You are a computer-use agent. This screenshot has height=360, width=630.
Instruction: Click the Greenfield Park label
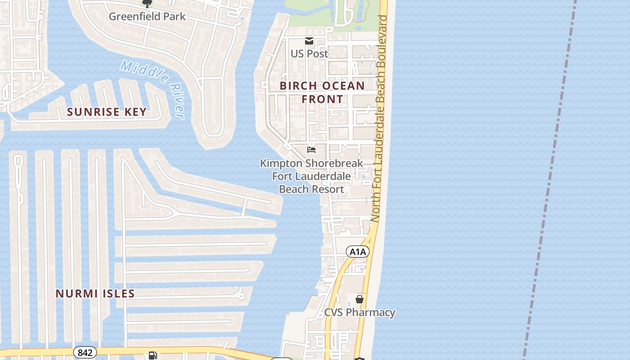click(147, 17)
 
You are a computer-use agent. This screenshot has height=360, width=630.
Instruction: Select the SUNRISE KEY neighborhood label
click(107, 112)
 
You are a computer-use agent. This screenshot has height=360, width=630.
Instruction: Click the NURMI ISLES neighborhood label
click(95, 293)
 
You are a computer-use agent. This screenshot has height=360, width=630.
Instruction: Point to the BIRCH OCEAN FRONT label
click(322, 92)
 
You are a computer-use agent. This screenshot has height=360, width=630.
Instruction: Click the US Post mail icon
click(309, 41)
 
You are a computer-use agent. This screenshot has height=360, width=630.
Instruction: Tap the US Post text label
click(309, 54)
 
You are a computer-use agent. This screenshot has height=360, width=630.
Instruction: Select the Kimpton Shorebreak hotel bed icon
click(311, 149)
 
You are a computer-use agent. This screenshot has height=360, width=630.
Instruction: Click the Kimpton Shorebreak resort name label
click(311, 176)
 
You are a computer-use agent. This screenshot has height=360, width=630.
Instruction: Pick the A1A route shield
click(358, 252)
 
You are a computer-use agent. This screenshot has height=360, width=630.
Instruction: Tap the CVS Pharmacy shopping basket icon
click(359, 299)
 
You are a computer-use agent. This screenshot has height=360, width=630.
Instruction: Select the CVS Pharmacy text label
click(360, 312)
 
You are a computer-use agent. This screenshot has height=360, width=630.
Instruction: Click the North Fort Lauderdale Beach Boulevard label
click(379, 118)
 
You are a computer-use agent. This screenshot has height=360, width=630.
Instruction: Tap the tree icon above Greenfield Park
click(147, 4)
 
